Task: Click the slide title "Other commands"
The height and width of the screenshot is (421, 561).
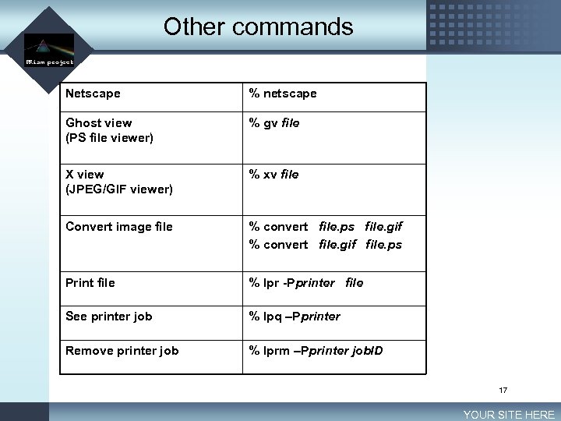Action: coord(258,27)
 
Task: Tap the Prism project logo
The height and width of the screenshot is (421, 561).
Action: coord(48,48)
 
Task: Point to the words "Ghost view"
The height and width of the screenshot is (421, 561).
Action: coord(99,123)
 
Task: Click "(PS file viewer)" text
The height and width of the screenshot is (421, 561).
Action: coord(109,138)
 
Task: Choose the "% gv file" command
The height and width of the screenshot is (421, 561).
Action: coord(274,123)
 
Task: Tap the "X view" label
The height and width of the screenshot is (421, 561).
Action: coord(85,175)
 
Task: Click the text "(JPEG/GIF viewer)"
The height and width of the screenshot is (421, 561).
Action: coord(119,189)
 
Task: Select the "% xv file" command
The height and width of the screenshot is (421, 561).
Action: coord(273,175)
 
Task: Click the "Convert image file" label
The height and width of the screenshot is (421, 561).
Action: coord(119,227)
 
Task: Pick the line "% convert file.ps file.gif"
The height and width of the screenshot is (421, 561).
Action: coord(326,227)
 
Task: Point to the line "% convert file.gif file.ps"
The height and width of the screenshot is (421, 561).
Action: coord(326,245)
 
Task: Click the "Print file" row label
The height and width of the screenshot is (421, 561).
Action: coord(90,283)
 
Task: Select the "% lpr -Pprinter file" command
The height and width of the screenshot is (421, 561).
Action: coord(306,283)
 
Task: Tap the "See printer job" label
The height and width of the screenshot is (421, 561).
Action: coord(109,317)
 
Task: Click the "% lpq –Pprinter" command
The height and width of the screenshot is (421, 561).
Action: coord(295,317)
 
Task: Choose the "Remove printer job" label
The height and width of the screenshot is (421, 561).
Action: coord(122,351)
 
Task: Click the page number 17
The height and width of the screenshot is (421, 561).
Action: coord(503,390)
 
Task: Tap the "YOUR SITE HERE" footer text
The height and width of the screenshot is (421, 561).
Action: coord(509,415)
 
